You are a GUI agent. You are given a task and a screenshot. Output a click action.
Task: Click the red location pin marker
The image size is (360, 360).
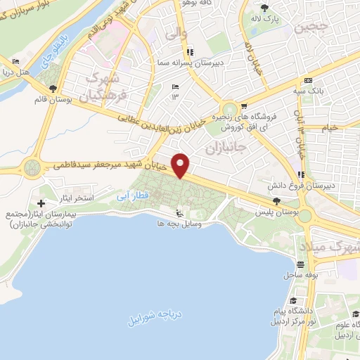point(181,165)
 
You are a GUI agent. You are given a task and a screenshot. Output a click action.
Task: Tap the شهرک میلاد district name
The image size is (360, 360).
point(330,247)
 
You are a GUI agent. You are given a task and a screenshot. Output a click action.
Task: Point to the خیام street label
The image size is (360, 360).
point(329,127)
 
